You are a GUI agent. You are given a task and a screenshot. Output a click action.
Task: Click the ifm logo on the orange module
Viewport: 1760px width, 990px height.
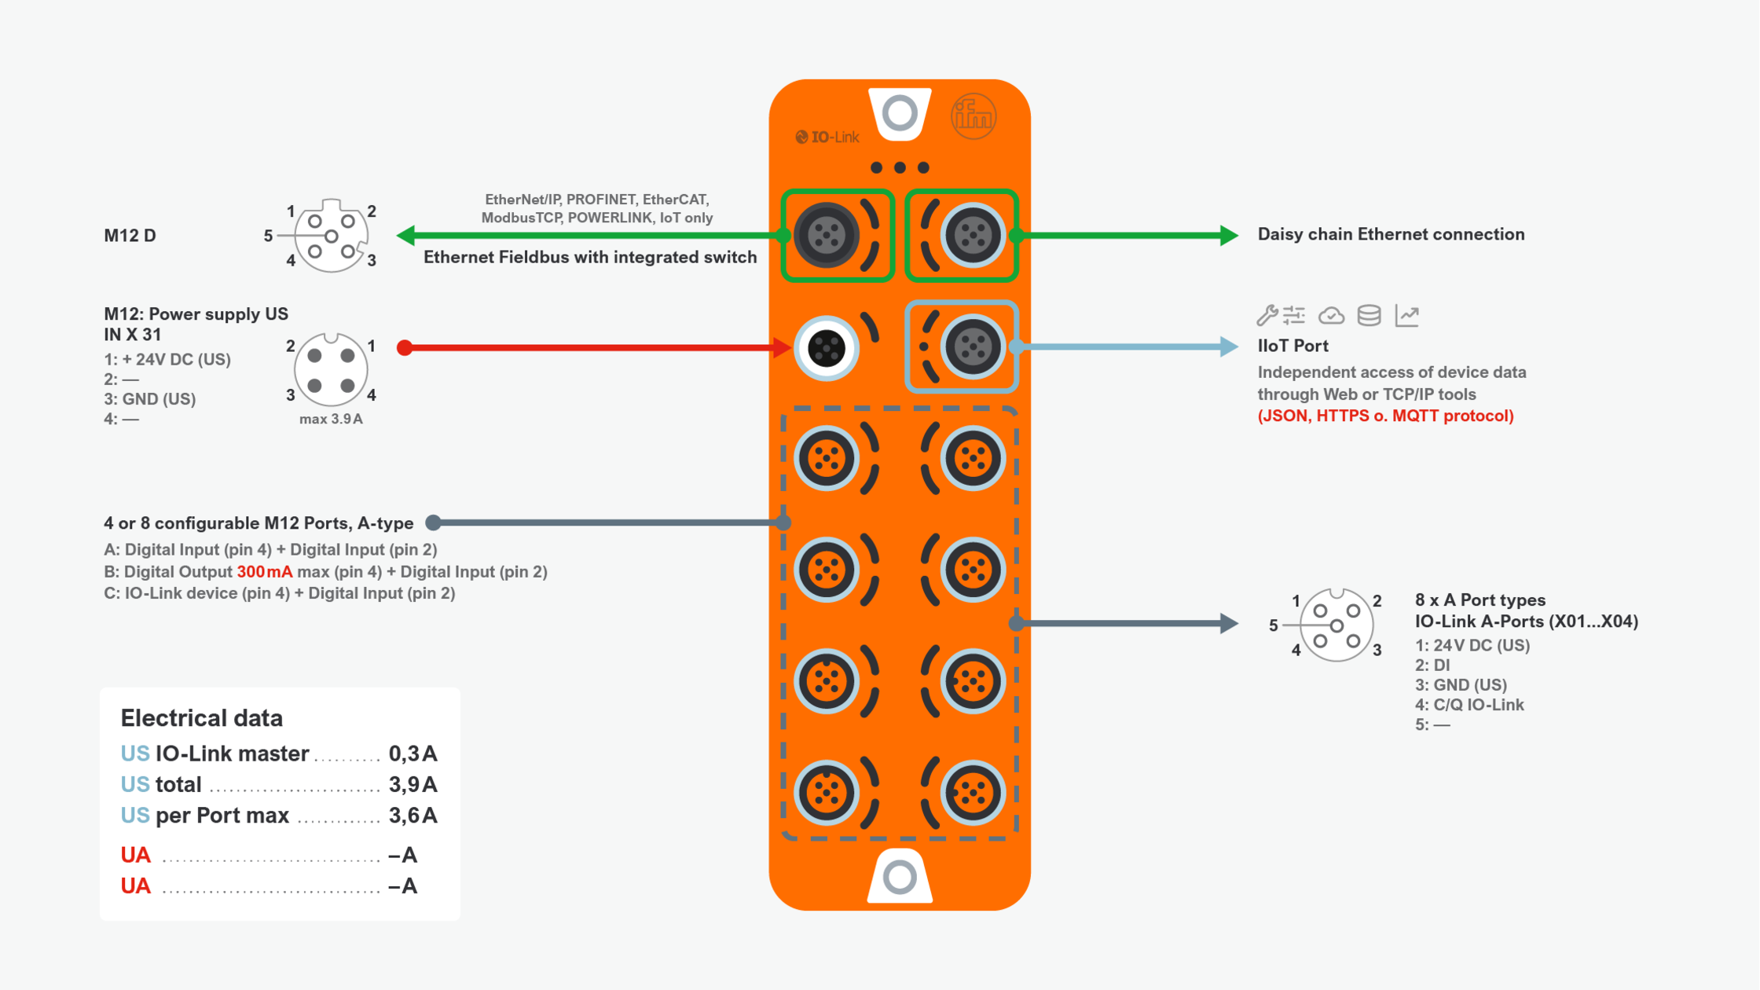tap(973, 117)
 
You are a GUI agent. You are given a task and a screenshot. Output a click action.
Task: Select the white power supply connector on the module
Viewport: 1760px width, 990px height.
tap(826, 347)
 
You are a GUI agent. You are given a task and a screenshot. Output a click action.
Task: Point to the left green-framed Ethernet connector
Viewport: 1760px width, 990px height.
tap(826, 235)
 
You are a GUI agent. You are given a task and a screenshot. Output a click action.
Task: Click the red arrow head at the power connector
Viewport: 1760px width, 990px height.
tap(782, 347)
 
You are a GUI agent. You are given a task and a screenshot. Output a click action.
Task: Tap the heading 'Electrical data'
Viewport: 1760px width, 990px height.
tap(201, 717)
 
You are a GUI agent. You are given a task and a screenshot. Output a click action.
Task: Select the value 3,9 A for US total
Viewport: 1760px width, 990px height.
tap(412, 784)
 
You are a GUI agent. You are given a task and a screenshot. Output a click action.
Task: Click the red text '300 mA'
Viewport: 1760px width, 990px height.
tap(264, 572)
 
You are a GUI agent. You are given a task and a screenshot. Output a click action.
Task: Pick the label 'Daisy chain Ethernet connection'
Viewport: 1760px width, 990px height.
tap(1390, 234)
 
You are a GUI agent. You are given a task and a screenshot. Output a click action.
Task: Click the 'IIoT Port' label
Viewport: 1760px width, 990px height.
tap(1292, 346)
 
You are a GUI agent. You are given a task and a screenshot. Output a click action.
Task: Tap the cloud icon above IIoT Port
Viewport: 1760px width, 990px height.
tap(1331, 316)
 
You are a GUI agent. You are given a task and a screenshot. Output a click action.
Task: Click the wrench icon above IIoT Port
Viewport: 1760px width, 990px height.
tap(1266, 315)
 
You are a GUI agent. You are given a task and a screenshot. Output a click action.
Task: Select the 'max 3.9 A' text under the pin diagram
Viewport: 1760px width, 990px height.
tap(331, 419)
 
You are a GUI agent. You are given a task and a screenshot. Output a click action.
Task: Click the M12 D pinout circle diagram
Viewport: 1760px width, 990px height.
tap(331, 236)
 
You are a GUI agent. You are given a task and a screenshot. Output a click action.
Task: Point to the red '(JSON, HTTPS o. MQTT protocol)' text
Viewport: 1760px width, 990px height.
tap(1384, 416)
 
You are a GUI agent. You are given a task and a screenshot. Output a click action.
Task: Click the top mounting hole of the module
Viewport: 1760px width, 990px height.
tap(900, 113)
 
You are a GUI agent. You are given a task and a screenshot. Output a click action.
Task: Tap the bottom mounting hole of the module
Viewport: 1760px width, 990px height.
tap(900, 877)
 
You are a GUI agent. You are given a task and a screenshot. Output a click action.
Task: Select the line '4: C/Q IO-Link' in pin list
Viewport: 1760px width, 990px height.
tap(1468, 705)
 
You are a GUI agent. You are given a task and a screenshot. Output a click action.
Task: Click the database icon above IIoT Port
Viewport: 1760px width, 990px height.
tap(1369, 315)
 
